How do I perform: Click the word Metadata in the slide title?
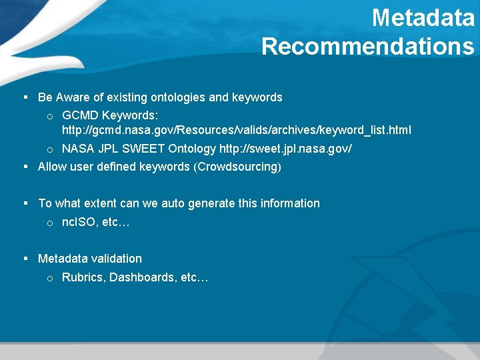pyautogui.click(x=423, y=18)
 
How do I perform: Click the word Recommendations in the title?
pyautogui.click(x=368, y=47)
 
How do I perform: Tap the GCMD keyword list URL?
pyautogui.click(x=237, y=129)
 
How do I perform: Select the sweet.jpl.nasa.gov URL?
pyautogui.click(x=285, y=149)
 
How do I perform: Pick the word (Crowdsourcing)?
pyautogui.click(x=237, y=167)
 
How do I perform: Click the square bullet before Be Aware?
pyautogui.click(x=25, y=97)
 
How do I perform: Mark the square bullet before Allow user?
pyautogui.click(x=25, y=167)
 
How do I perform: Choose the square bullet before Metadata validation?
pyautogui.click(x=25, y=259)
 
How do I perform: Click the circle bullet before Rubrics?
pyautogui.click(x=50, y=278)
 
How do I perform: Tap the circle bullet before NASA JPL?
pyautogui.click(x=50, y=149)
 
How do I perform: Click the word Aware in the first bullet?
pyautogui.click(x=71, y=97)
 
